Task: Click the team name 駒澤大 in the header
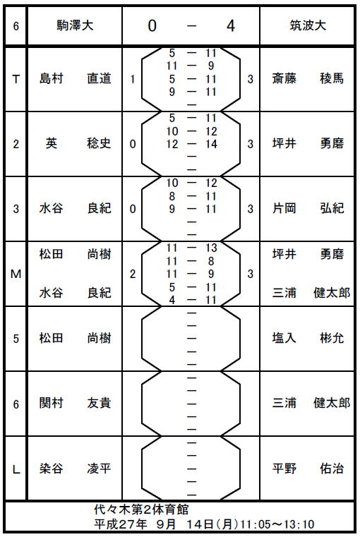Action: coord(75,25)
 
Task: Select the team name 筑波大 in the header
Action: coord(308,25)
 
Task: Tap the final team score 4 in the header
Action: coord(231,25)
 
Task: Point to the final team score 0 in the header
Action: coord(152,25)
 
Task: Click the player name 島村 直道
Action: coord(75,79)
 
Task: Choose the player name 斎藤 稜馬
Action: coord(308,79)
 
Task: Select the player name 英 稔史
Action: coord(78,143)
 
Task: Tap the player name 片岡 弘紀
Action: coord(308,208)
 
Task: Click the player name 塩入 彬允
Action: coord(308,339)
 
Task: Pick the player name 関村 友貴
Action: coord(75,403)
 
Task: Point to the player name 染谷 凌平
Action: coord(75,468)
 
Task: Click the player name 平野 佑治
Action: coord(308,468)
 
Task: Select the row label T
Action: coord(16,80)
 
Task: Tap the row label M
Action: coord(16,274)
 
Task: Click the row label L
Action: coord(16,469)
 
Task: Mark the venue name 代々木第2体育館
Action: coord(141,509)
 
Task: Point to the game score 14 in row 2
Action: coord(211,144)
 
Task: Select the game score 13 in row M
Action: coord(211,248)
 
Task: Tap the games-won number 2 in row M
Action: coord(133,274)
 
